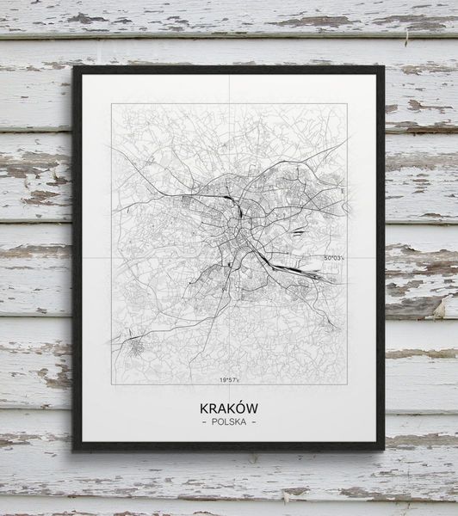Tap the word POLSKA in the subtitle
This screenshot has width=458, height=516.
tap(228, 421)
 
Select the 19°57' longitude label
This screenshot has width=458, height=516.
tap(228, 378)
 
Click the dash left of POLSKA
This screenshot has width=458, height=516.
tap(203, 421)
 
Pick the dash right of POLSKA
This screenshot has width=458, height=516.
tap(254, 421)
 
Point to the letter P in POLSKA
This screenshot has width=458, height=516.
tap(213, 421)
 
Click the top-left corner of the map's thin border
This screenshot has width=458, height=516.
tap(112, 104)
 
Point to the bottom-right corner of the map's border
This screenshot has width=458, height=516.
tap(346, 384)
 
